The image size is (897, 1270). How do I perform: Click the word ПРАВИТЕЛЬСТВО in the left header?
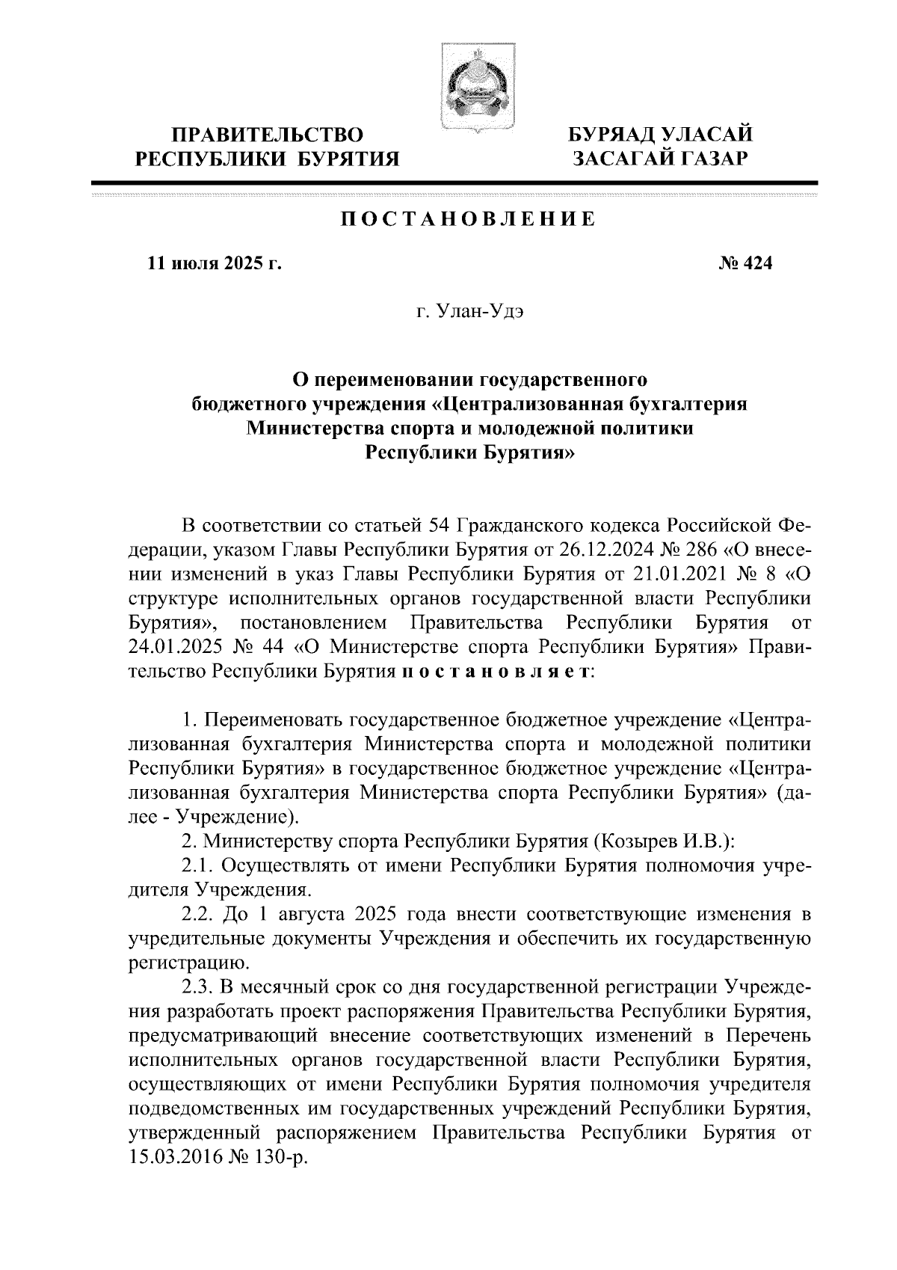tap(268, 135)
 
